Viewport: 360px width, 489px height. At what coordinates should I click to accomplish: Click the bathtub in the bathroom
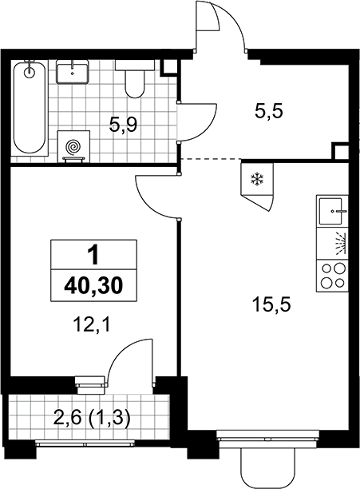pyautogui.click(x=30, y=108)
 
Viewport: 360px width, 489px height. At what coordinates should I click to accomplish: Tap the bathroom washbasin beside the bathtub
pyautogui.click(x=73, y=72)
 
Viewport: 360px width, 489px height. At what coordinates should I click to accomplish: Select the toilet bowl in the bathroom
pyautogui.click(x=135, y=79)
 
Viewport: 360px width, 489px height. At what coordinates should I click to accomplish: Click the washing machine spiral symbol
pyautogui.click(x=73, y=146)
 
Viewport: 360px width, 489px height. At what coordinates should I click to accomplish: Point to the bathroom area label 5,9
pyautogui.click(x=123, y=125)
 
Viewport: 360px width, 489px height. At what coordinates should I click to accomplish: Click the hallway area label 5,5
pyautogui.click(x=268, y=111)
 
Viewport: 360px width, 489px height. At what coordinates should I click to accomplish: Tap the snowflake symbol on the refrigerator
pyautogui.click(x=257, y=179)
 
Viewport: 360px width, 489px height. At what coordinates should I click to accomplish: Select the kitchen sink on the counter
pyautogui.click(x=332, y=211)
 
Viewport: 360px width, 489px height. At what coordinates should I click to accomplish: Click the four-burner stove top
pyautogui.click(x=332, y=276)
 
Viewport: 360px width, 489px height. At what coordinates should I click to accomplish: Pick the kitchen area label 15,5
pyautogui.click(x=271, y=304)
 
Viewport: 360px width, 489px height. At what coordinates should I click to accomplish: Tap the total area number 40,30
pyautogui.click(x=93, y=286)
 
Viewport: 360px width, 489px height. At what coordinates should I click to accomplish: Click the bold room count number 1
pyautogui.click(x=93, y=254)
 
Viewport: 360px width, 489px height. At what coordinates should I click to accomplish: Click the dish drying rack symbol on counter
pyautogui.click(x=340, y=244)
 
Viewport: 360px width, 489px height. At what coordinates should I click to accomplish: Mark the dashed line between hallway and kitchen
pyautogui.click(x=211, y=159)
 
